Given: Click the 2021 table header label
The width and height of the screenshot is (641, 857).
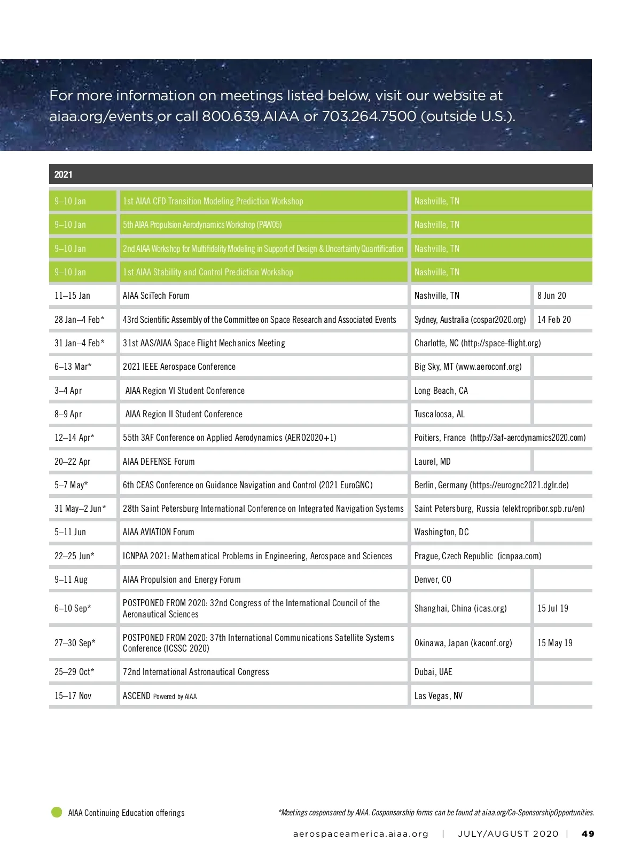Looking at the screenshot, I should coord(63,174).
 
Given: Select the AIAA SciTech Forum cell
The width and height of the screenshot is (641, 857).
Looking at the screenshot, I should coord(156,296).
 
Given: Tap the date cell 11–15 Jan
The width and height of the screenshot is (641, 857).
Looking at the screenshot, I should coord(72,296).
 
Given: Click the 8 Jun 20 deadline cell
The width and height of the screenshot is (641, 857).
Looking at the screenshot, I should coord(552,296).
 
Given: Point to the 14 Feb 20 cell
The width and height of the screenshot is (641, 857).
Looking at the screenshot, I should coord(554,320).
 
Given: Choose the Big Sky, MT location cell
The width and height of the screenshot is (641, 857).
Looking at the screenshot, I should coord(467,367).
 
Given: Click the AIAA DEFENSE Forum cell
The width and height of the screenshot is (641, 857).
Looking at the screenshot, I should coord(159,462).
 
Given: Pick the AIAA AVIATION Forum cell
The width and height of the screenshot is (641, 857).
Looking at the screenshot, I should coord(159,532).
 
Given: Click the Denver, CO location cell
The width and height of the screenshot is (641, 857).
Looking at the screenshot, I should coord(433,580).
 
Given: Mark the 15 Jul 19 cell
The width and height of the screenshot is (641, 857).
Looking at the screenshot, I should coord(553,608).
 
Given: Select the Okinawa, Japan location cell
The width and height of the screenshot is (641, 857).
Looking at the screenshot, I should coord(463,643).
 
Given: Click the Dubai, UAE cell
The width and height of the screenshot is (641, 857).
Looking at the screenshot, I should coord(433,672).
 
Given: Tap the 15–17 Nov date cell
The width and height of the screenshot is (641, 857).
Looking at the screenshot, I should coord(73,696).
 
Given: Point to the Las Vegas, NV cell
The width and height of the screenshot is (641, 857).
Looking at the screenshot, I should coord(438,696).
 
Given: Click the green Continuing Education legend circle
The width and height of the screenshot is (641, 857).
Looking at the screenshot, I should coord(57,812).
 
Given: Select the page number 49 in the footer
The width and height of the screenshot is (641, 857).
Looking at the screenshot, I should coord(588,834).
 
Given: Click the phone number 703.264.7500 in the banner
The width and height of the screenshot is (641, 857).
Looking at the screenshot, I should coord(369,116).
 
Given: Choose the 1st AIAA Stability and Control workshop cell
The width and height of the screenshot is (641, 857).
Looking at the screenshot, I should coord(208,272).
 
